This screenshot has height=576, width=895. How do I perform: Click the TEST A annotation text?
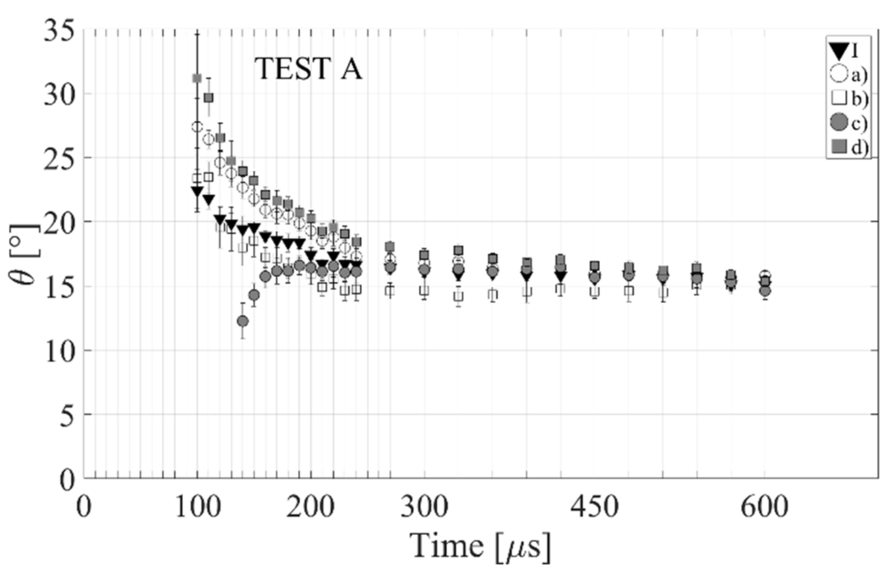click(x=308, y=69)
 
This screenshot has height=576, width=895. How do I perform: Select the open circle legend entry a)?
click(x=848, y=75)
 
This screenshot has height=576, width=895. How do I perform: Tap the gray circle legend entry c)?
click(x=848, y=123)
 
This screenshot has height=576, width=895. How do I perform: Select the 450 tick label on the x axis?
click(x=594, y=506)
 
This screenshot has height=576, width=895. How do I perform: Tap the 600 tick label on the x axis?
click(x=764, y=506)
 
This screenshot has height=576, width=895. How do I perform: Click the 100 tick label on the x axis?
click(x=198, y=506)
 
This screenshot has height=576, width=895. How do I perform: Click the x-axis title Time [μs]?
click(x=480, y=546)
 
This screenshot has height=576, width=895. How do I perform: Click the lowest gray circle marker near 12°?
click(x=243, y=321)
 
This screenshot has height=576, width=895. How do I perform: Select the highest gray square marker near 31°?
click(x=197, y=78)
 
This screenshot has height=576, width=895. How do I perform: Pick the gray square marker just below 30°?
click(x=208, y=98)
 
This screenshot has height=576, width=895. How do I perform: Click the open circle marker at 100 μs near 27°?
click(x=197, y=127)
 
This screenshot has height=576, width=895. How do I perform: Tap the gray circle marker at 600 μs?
click(x=765, y=291)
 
